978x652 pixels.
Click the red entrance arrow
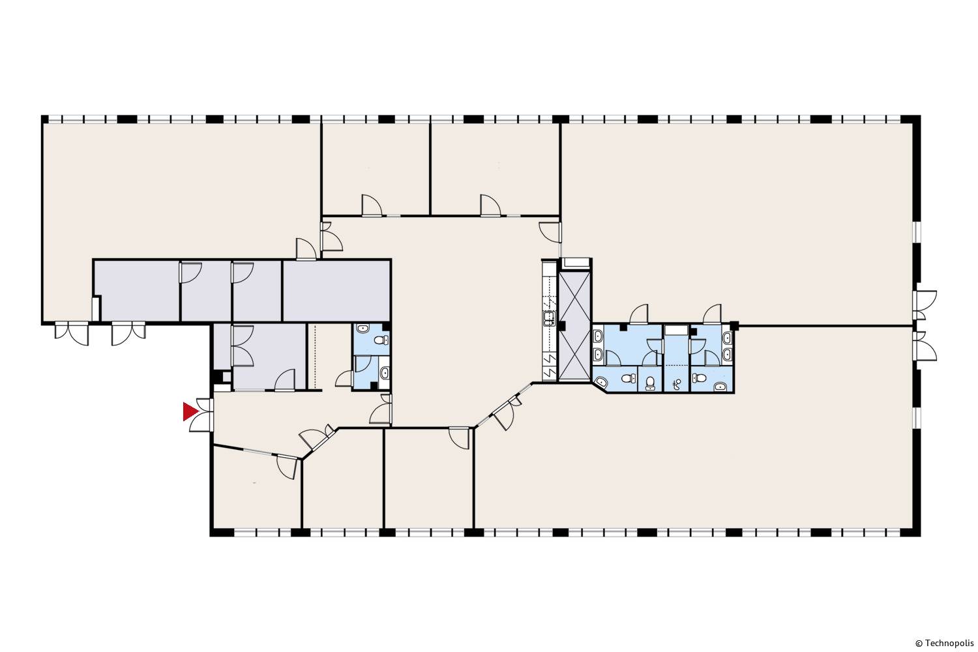(x=190, y=412)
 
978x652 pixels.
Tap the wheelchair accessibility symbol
(x=677, y=384)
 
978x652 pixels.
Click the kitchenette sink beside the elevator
(x=548, y=318)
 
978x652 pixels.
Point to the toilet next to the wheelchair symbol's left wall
(x=651, y=383)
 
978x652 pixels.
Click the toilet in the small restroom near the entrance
(x=383, y=340)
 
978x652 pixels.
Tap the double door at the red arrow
(x=201, y=415)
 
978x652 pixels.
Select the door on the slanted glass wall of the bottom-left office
(x=288, y=466)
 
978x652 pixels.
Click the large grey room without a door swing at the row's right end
(x=336, y=290)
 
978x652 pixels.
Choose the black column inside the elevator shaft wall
(x=562, y=325)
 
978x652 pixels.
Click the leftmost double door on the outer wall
(x=72, y=333)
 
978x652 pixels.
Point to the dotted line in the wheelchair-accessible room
(x=676, y=364)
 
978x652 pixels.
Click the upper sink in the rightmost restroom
(x=728, y=338)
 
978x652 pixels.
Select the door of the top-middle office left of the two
(x=372, y=205)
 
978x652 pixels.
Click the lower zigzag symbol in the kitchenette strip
(x=549, y=372)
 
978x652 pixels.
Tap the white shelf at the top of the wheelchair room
(x=676, y=330)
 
